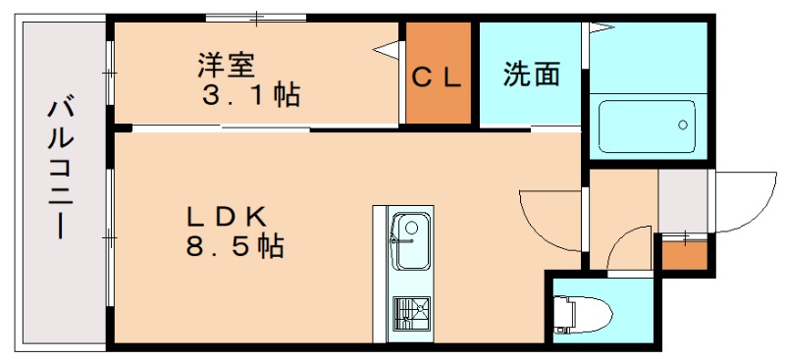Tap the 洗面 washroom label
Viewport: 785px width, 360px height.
pyautogui.click(x=532, y=75)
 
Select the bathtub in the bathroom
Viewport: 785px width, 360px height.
pyautogui.click(x=647, y=126)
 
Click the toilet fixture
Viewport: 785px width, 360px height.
pyautogui.click(x=583, y=312)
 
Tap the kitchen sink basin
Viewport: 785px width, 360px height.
pyautogui.click(x=410, y=240)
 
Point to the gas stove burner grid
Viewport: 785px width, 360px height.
pyautogui.click(x=409, y=313)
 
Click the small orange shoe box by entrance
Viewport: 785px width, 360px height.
pyautogui.click(x=683, y=253)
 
